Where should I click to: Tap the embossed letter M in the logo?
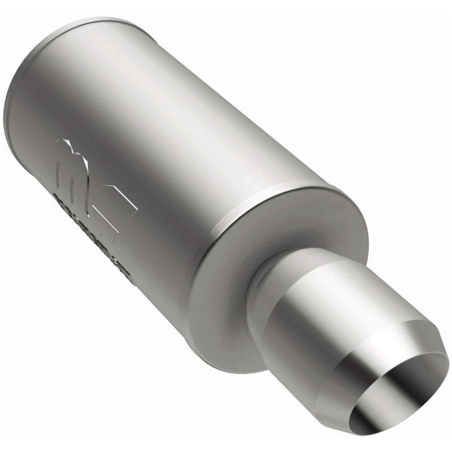pos(73,161)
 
